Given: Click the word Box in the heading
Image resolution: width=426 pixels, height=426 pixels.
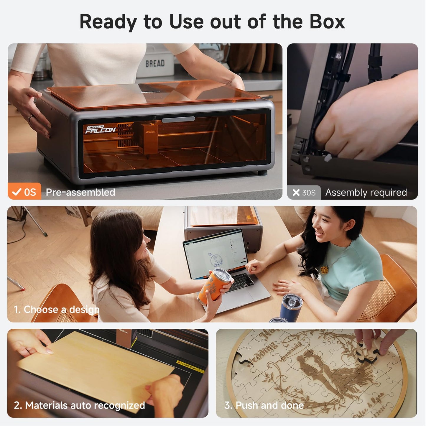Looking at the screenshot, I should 327,22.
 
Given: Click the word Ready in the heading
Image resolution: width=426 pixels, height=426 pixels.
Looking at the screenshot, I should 108,22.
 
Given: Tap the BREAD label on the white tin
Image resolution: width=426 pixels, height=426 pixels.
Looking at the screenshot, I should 155,63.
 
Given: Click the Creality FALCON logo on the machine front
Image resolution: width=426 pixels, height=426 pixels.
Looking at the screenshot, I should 100,129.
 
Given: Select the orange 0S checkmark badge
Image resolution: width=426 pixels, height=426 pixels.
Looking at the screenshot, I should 24,192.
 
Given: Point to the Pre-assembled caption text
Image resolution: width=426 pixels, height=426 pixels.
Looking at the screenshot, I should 80,192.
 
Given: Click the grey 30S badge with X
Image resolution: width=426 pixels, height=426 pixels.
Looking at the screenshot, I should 304,193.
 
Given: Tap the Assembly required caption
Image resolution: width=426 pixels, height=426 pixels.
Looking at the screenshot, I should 366,193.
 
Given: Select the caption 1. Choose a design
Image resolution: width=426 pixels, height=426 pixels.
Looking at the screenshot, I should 57,310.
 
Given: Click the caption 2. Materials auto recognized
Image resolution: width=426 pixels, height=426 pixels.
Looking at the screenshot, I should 79,405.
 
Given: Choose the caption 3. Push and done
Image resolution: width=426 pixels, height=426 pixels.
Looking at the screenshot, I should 264,405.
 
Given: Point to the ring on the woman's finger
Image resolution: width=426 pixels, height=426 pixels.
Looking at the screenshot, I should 30,117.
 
